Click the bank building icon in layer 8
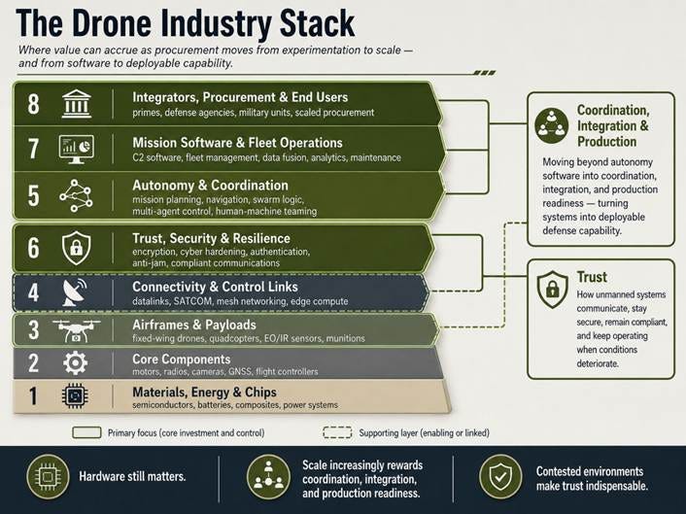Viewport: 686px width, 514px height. [x=76, y=104]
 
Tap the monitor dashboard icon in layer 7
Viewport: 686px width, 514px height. [x=76, y=150]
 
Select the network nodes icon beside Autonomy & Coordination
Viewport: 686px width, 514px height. [x=76, y=195]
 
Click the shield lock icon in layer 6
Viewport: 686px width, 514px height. [x=76, y=248]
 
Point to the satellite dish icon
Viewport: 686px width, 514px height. [x=75, y=292]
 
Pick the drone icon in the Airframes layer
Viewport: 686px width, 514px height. [x=76, y=330]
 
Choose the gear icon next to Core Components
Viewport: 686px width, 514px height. [x=75, y=362]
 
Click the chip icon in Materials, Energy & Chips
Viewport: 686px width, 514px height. [x=75, y=395]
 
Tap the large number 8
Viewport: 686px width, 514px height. [x=33, y=104]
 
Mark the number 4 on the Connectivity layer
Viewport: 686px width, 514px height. [x=33, y=292]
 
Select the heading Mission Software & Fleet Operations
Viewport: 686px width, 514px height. [x=237, y=143]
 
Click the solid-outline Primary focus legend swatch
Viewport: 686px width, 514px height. [x=86, y=432]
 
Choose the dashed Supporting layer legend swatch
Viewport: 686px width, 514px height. [x=337, y=432]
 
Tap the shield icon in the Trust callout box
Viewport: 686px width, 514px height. [x=553, y=290]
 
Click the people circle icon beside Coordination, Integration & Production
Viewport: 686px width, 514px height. [x=552, y=125]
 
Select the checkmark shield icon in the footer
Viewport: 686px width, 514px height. [x=500, y=477]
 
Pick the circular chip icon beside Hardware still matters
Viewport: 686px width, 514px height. [x=48, y=477]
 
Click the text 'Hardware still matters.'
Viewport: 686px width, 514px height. [x=132, y=476]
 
